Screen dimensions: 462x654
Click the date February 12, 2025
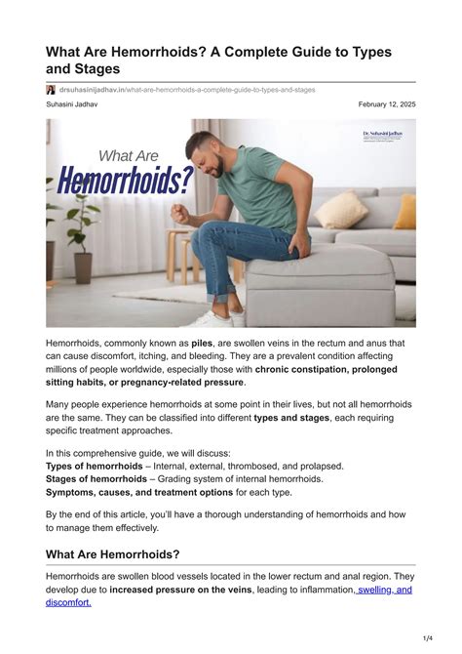click(x=387, y=103)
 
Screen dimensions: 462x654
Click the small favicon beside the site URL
click(x=51, y=89)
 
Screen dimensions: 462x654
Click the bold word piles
click(x=203, y=344)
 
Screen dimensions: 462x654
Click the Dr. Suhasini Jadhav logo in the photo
click(x=381, y=137)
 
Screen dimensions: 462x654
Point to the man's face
click(x=208, y=155)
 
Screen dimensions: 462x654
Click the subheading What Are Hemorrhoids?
click(x=112, y=554)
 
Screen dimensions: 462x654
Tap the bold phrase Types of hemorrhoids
click(x=94, y=467)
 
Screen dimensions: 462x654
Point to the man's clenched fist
click(x=180, y=213)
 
